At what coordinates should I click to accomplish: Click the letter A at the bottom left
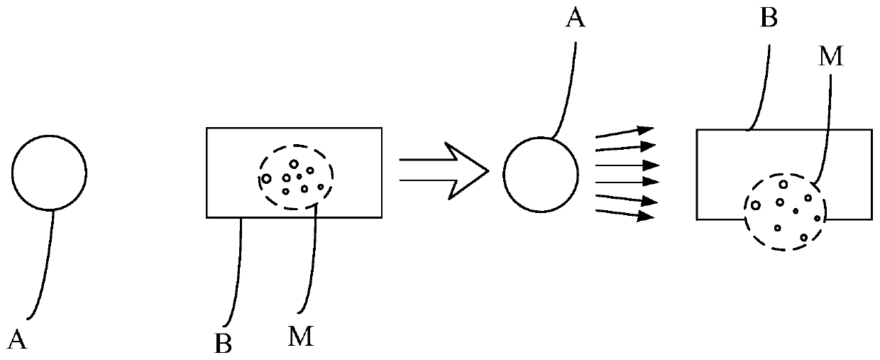[x=19, y=341]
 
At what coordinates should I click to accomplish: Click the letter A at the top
[x=575, y=18]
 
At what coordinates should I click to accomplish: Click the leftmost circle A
[x=49, y=173]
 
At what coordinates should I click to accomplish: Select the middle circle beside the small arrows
[x=540, y=173]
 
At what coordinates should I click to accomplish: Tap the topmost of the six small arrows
[x=625, y=131]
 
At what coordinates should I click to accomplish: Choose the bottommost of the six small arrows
[x=625, y=214]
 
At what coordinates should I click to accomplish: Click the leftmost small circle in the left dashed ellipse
[x=266, y=178]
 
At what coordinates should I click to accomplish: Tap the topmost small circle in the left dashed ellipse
[x=293, y=164]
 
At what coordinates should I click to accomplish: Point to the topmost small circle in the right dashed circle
[x=783, y=185]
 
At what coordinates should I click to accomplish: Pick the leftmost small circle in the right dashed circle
[x=756, y=205]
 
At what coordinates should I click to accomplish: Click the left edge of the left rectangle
[x=207, y=172]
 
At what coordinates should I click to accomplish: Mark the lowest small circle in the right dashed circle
[x=803, y=237]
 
